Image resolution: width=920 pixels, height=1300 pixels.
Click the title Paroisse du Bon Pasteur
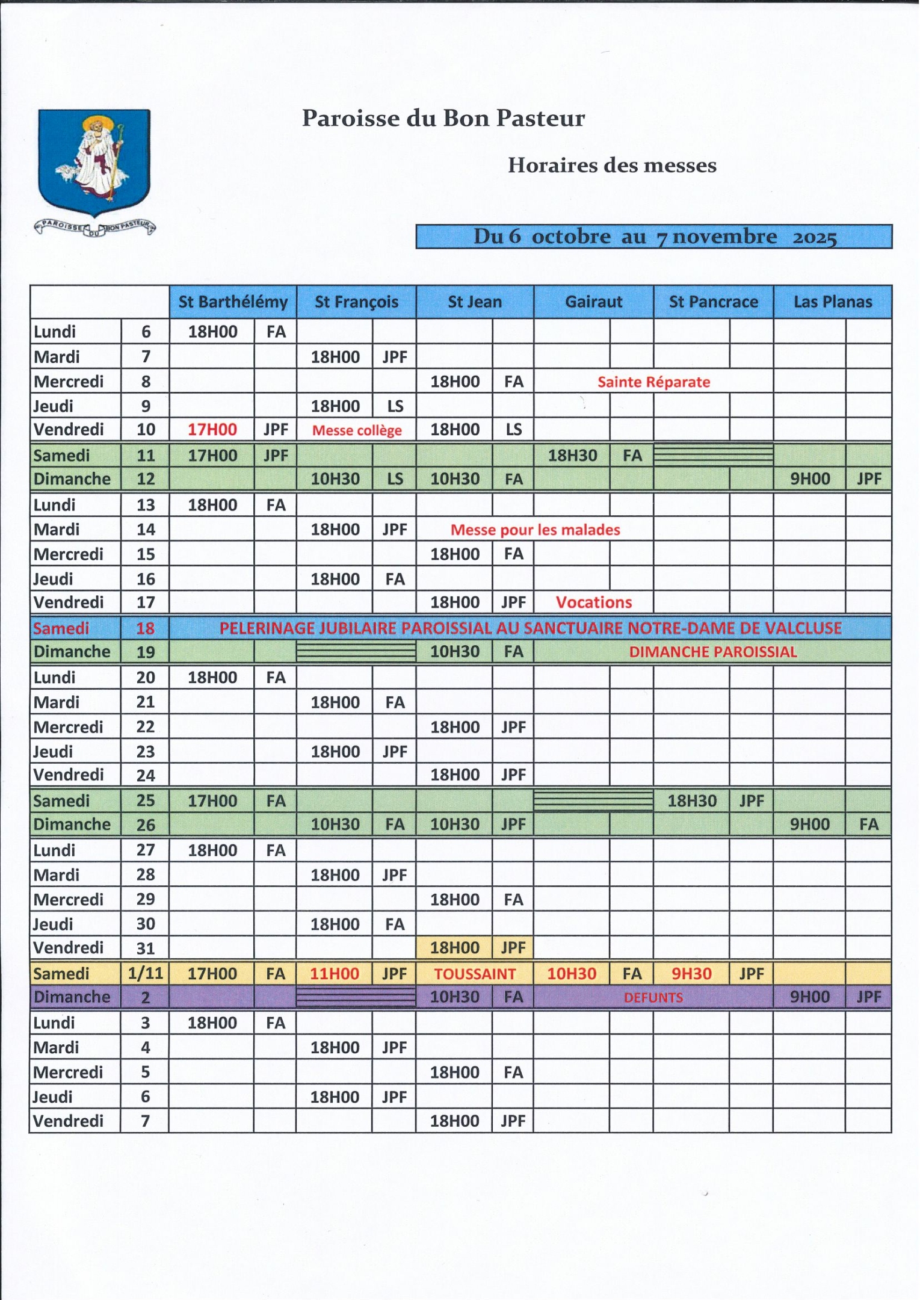click(x=443, y=118)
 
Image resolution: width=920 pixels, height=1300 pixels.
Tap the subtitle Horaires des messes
click(x=612, y=165)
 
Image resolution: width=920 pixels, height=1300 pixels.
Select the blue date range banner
click(x=654, y=237)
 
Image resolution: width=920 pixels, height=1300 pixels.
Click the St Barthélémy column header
click(x=233, y=302)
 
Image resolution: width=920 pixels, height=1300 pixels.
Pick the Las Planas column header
click(x=833, y=302)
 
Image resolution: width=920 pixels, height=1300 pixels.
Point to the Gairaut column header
click(x=594, y=302)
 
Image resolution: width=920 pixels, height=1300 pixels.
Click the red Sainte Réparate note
click(x=653, y=382)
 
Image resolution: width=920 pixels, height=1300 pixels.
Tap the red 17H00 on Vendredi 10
click(x=212, y=430)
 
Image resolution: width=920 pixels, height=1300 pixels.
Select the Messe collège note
click(x=357, y=430)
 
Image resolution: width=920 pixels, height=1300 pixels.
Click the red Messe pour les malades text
click(x=535, y=530)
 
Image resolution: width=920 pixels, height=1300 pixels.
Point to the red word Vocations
click(x=594, y=602)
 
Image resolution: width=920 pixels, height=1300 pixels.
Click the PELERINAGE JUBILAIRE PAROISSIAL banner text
click(x=530, y=628)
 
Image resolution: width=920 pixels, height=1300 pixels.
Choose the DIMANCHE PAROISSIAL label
click(x=713, y=652)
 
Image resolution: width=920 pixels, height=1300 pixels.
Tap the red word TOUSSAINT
click(x=475, y=974)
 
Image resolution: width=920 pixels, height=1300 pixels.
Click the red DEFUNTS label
click(x=653, y=997)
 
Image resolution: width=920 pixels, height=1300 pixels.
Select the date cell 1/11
click(x=145, y=973)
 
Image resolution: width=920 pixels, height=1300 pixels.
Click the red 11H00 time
click(x=335, y=974)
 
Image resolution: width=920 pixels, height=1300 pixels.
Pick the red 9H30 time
click(x=691, y=974)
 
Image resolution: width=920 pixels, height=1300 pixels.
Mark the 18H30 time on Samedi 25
click(x=692, y=801)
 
